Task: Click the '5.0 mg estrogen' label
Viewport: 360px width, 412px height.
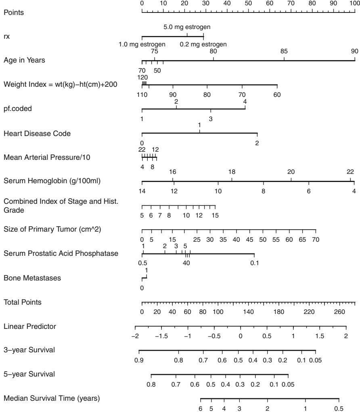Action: (x=187, y=27)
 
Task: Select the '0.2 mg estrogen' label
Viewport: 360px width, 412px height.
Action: (x=203, y=44)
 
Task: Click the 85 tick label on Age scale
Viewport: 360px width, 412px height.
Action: (x=284, y=51)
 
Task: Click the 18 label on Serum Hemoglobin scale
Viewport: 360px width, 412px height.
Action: (x=232, y=172)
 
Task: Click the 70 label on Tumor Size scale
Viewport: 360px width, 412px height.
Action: (x=316, y=240)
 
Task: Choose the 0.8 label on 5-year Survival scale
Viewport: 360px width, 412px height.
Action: (x=151, y=384)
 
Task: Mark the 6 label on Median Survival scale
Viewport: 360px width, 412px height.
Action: (x=201, y=408)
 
